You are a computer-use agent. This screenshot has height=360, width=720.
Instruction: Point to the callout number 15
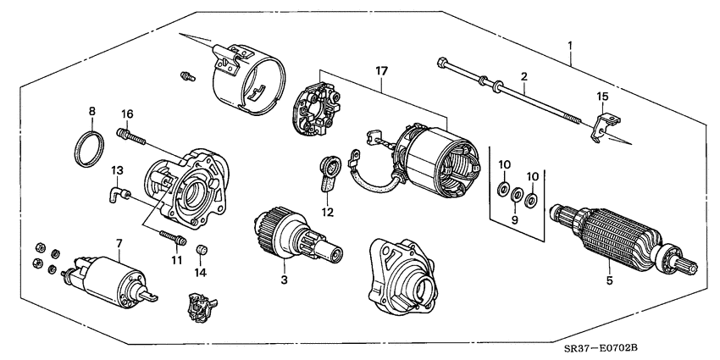602,97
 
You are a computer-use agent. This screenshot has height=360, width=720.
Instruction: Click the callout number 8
91,111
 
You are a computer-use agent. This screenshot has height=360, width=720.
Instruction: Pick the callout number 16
126,114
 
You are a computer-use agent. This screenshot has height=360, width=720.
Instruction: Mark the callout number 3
285,279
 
